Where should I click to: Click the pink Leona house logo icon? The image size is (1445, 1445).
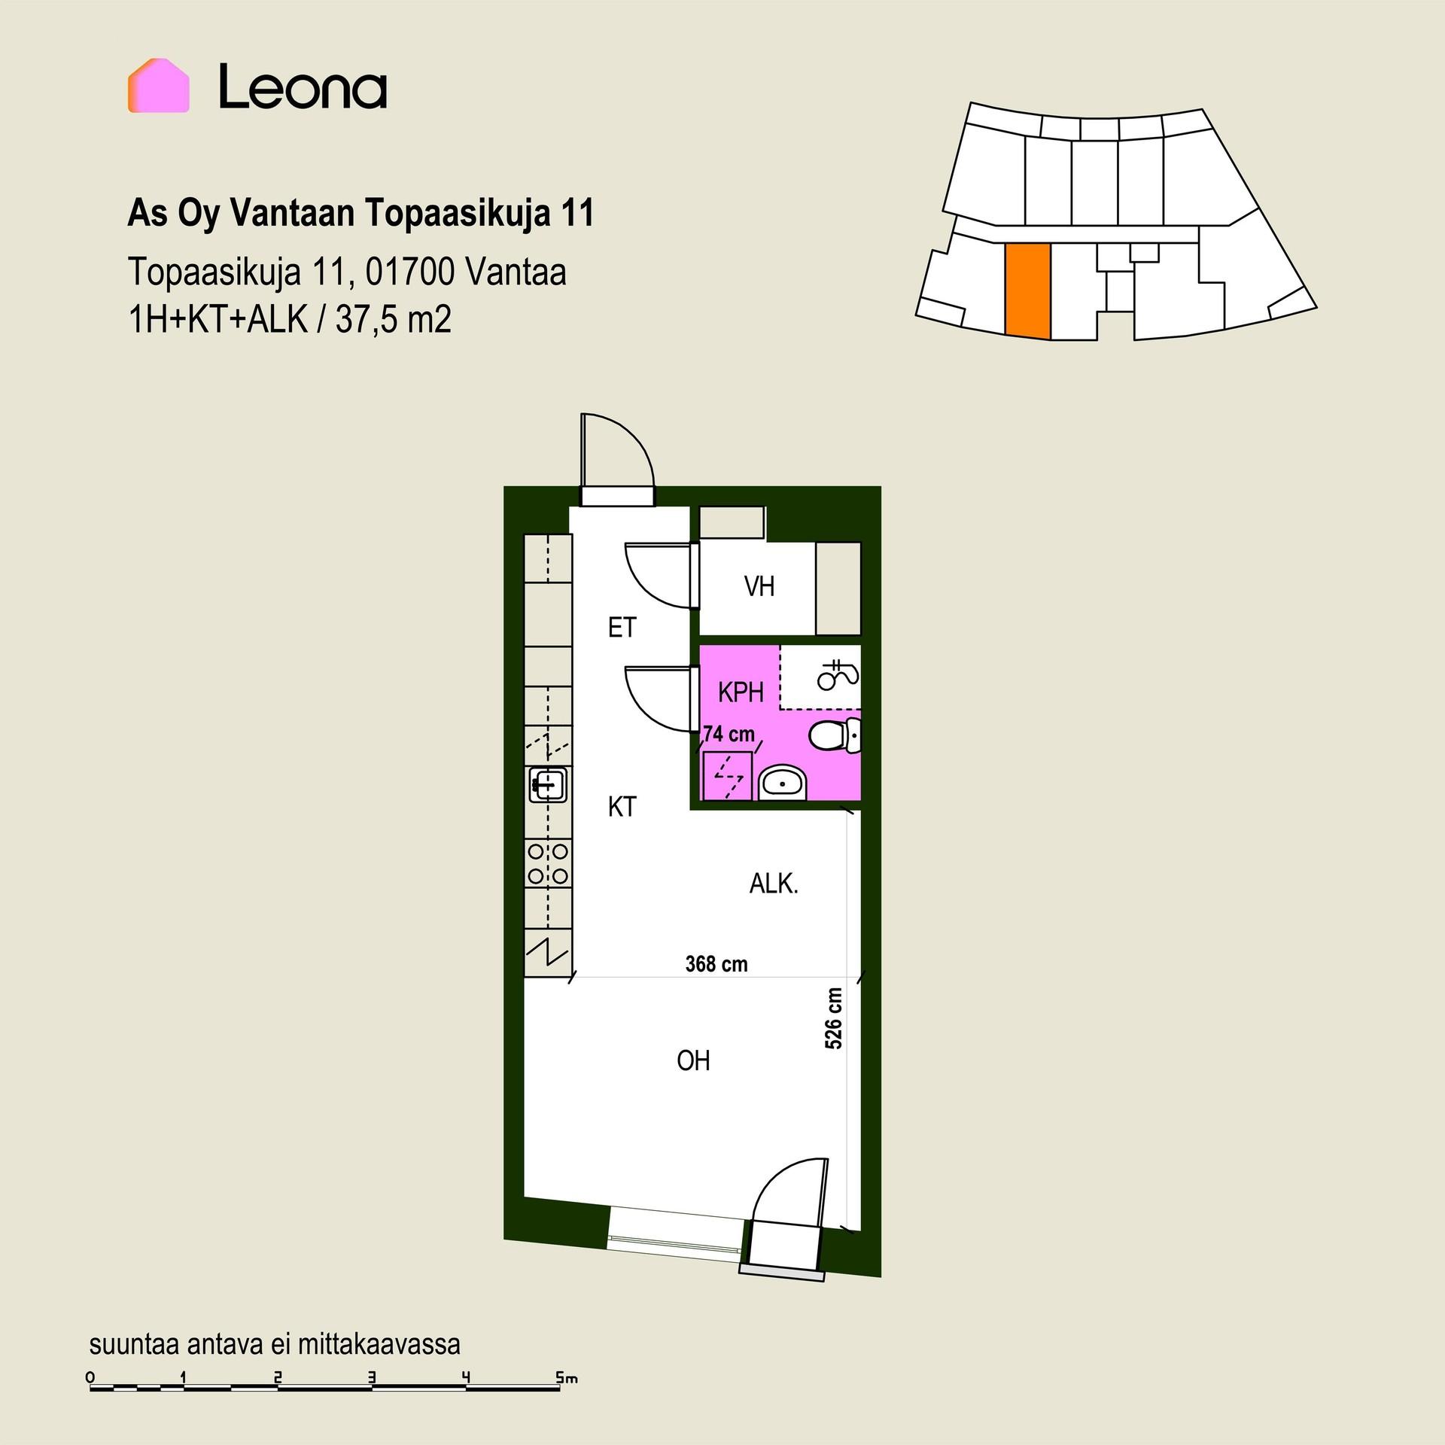click(x=158, y=86)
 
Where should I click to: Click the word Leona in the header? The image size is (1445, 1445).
click(x=303, y=87)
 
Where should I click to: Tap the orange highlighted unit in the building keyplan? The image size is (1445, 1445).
click(x=1028, y=291)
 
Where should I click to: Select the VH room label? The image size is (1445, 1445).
click(x=759, y=586)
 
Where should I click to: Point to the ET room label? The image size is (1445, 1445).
click(x=622, y=628)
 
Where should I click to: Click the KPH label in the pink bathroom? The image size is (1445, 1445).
click(x=741, y=692)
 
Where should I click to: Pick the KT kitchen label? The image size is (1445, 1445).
click(x=622, y=808)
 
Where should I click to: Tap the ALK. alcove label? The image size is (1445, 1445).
click(x=774, y=884)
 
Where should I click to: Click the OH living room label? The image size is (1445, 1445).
click(x=693, y=1060)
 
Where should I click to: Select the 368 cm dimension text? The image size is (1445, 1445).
click(x=716, y=964)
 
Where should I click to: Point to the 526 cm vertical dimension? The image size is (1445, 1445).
click(x=833, y=1018)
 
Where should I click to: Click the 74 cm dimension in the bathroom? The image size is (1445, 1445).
click(x=729, y=733)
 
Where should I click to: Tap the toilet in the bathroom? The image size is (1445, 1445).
click(x=835, y=735)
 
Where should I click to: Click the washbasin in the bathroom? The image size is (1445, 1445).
click(x=782, y=783)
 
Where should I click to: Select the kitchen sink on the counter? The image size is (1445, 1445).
click(x=549, y=785)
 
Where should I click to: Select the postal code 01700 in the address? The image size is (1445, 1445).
click(x=409, y=272)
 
